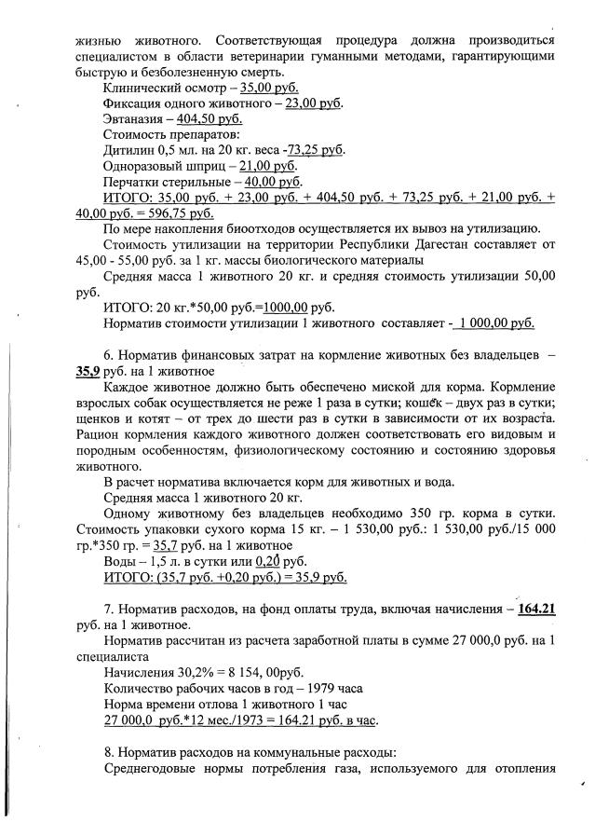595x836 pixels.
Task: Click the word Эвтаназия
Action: click(133, 121)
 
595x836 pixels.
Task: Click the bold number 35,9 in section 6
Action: click(88, 371)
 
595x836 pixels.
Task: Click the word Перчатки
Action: click(133, 181)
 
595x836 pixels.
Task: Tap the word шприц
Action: click(206, 166)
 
